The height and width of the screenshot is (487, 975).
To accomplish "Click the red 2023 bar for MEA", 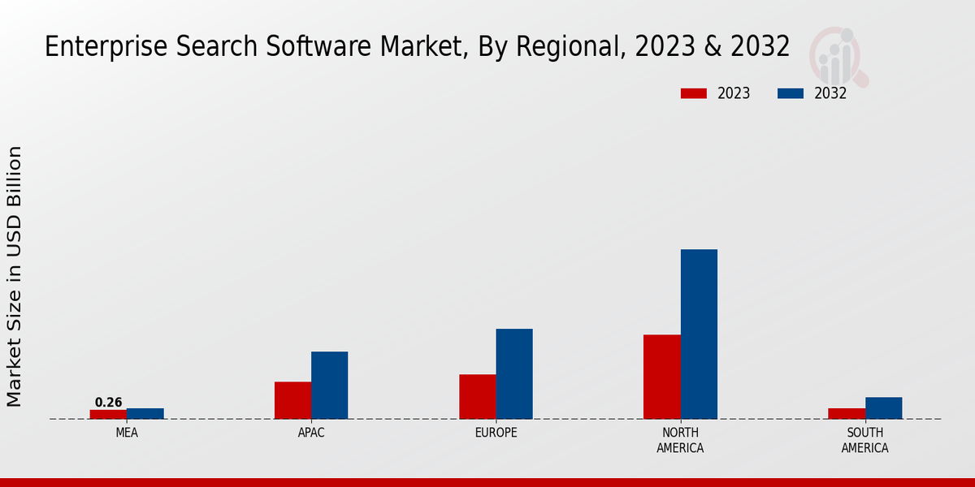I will [x=108, y=414].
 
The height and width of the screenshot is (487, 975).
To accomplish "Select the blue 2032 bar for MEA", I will [x=145, y=413].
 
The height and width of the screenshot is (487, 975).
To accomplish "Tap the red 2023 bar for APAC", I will [x=292, y=400].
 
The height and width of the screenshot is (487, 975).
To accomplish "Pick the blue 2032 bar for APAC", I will [x=329, y=385].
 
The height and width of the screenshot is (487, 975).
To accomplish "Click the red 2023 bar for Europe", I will [x=477, y=396].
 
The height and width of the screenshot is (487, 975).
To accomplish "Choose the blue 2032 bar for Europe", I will [x=514, y=373].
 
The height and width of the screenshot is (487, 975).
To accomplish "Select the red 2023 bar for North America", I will [x=661, y=377].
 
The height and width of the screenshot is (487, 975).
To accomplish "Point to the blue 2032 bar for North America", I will [x=699, y=334].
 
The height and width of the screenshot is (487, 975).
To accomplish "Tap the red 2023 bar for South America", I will [x=847, y=413].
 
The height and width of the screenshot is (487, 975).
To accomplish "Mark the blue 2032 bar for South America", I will [x=883, y=407].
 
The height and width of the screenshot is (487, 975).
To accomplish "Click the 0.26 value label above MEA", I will [x=108, y=403].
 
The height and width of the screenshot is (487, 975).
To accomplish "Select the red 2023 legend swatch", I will [x=694, y=93].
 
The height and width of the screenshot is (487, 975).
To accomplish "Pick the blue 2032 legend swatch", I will [x=791, y=93].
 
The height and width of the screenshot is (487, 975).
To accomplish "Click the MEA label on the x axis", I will [x=127, y=433].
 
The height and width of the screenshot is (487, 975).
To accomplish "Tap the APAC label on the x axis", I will [x=311, y=433].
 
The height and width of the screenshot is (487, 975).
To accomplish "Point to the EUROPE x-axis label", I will [x=496, y=433].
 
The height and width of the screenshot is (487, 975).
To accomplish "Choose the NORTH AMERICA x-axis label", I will [x=680, y=440].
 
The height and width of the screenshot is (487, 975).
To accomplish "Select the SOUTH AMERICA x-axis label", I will [x=864, y=440].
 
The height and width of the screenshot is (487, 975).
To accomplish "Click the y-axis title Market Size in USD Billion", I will [x=15, y=276].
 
